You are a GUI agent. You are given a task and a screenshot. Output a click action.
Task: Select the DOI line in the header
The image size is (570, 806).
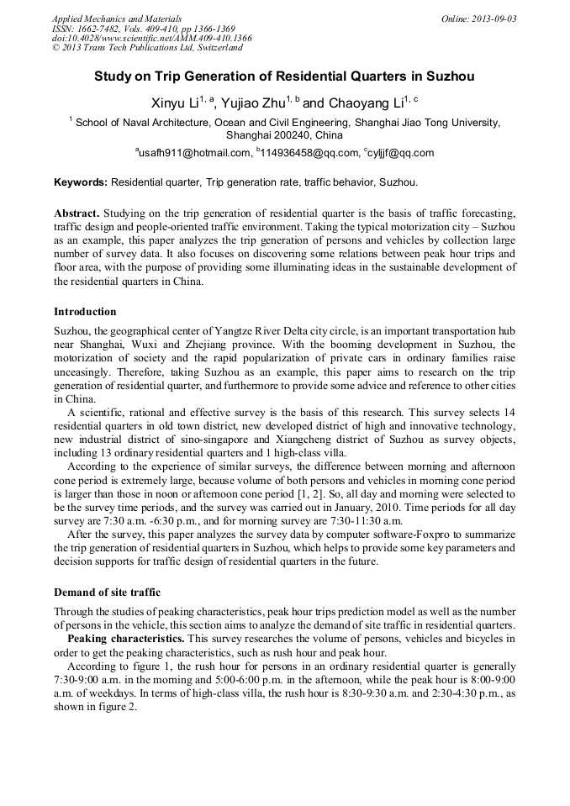(151, 38)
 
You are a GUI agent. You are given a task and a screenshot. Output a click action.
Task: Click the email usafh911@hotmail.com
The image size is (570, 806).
(195, 153)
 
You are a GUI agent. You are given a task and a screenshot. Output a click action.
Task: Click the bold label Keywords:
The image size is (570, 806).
(81, 182)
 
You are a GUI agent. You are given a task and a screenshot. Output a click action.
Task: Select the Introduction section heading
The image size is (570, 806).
(85, 312)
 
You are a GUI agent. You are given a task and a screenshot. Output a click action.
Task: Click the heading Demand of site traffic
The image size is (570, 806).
(107, 593)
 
